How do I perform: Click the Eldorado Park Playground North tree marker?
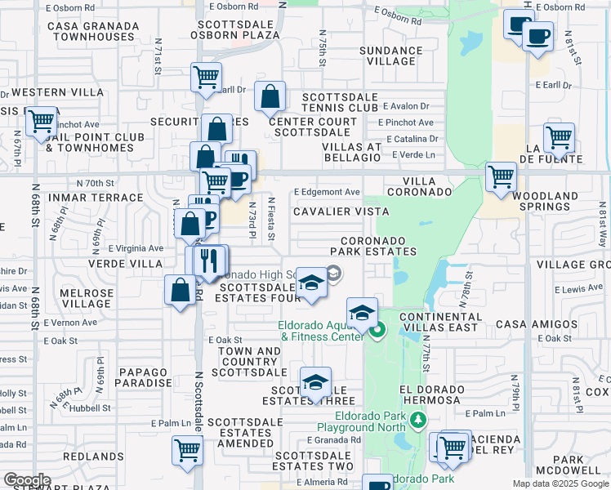point(418,420)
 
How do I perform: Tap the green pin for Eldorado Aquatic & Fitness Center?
point(377,331)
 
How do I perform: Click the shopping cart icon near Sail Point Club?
point(40,122)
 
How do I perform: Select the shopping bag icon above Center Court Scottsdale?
point(270,98)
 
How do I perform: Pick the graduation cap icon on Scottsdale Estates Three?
point(315,383)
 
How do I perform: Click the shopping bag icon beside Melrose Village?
point(180,291)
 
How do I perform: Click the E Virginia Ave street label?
point(135,248)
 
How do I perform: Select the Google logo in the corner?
point(27,480)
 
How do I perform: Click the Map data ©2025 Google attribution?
point(560,483)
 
